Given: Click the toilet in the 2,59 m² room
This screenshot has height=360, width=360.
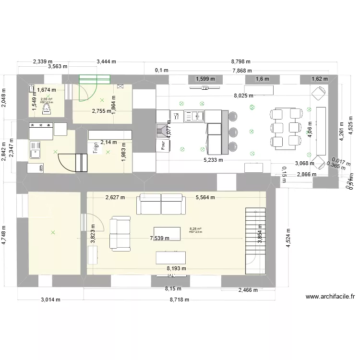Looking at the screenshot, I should tap(47, 110).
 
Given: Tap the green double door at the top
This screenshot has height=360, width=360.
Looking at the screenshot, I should tap(95, 78).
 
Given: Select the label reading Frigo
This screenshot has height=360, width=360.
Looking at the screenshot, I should tap(96, 148).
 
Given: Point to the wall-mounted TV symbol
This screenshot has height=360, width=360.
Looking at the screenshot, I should tap(204, 88).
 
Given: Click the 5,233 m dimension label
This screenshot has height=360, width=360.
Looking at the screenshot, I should tap(213, 160).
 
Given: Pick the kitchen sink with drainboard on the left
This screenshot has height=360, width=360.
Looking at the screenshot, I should tap(35, 149).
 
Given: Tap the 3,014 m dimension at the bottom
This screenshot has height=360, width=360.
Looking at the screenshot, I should tap(50, 300).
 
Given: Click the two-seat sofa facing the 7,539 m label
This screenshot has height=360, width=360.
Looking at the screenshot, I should tap(120, 234).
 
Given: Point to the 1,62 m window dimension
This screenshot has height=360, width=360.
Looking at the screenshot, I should tap(319, 79).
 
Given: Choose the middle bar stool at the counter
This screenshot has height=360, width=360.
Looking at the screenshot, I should tap(233, 131).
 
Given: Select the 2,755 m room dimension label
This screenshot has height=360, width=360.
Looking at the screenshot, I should tap(102, 111).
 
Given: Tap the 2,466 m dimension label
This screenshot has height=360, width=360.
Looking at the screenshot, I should tap(248, 290).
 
